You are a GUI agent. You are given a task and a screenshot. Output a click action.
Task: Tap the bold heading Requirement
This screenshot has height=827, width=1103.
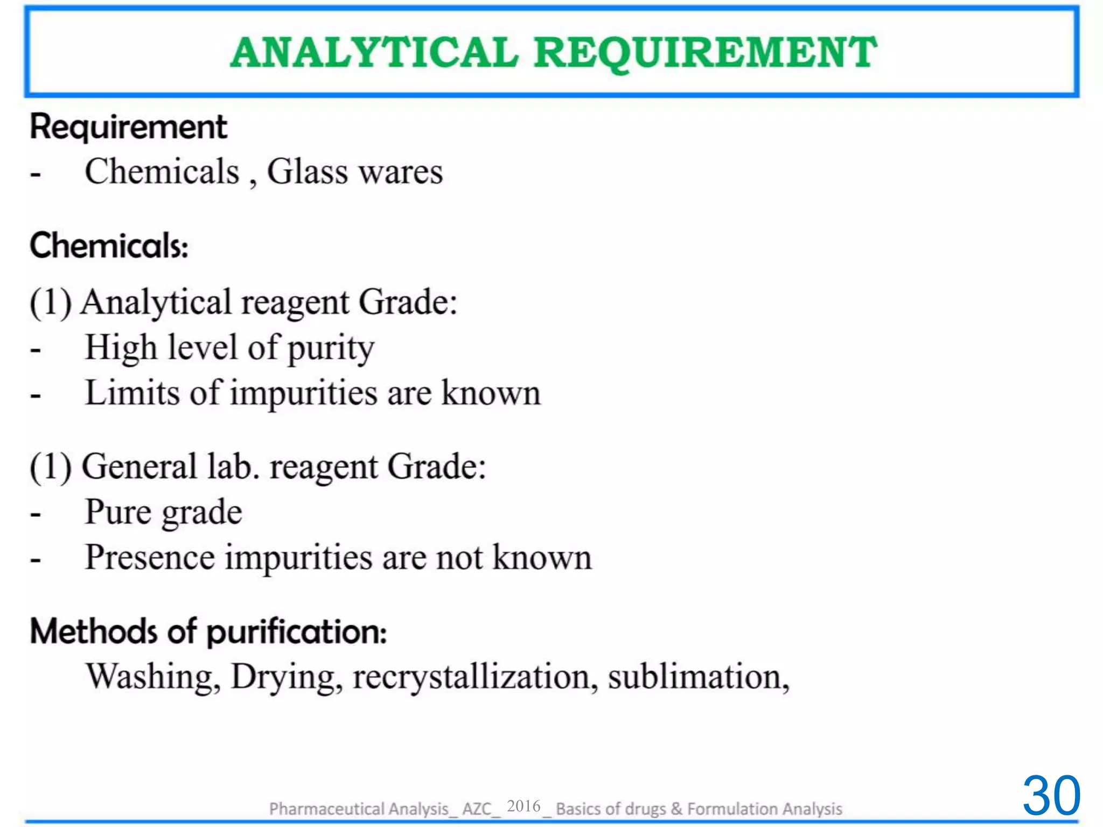(128, 128)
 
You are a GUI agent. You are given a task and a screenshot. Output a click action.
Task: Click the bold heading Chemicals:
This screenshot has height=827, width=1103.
(109, 246)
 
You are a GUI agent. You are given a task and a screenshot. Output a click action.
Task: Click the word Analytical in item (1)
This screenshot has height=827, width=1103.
(156, 303)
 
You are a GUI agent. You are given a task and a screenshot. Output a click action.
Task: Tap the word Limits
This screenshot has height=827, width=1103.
(132, 393)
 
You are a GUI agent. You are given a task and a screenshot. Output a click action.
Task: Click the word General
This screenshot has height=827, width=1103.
(139, 466)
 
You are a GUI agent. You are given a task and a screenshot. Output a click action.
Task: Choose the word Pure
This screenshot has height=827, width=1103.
(118, 511)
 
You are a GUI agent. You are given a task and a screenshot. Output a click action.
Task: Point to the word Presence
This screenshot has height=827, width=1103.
(150, 557)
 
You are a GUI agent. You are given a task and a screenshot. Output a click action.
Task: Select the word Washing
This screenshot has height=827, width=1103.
(153, 677)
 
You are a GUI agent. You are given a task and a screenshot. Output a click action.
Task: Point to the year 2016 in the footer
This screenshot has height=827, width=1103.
(523, 806)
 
